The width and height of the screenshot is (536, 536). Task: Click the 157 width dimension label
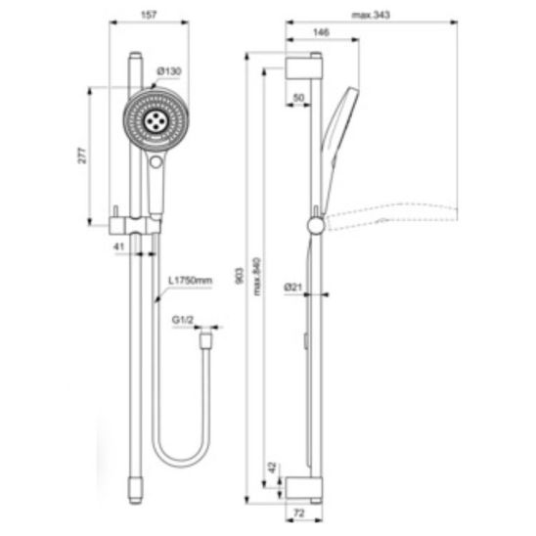pyautogui.click(x=149, y=15)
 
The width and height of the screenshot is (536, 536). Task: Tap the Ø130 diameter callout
pyautogui.click(x=169, y=71)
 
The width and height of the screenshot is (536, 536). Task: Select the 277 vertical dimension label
pyautogui.click(x=82, y=156)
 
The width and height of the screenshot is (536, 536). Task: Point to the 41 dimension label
pyautogui.click(x=118, y=246)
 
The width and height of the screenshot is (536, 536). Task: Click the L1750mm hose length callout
pyautogui.click(x=191, y=281)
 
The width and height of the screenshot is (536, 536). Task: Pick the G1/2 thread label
pyautogui.click(x=183, y=320)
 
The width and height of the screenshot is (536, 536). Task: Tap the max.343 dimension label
pyautogui.click(x=371, y=15)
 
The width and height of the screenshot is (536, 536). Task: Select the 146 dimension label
pyautogui.click(x=321, y=32)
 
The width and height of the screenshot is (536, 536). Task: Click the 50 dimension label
pyautogui.click(x=298, y=98)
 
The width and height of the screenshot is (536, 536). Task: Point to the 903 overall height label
pyautogui.click(x=240, y=276)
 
